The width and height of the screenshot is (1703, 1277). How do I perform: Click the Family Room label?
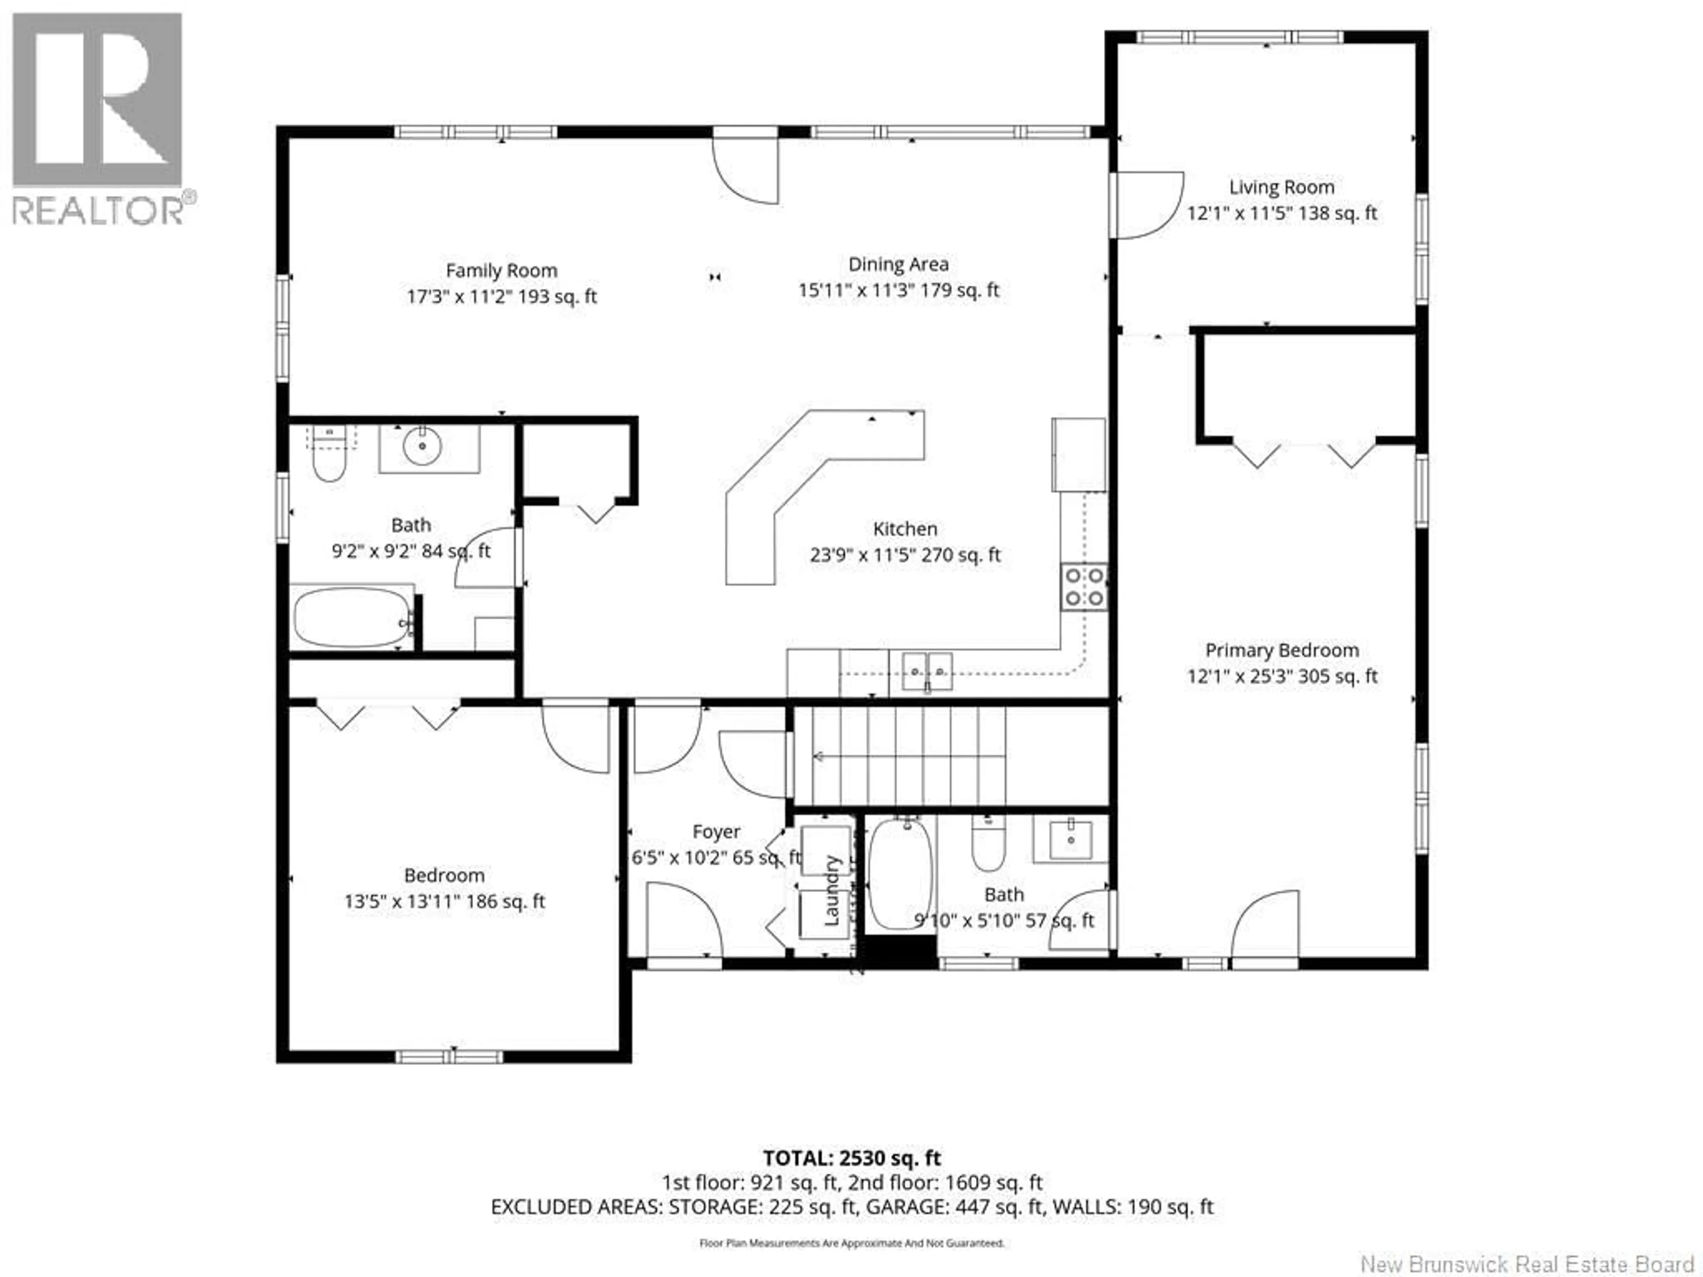tap(501, 271)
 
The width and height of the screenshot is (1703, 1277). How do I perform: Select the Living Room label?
tap(1281, 187)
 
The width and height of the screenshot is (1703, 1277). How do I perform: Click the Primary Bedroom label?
tap(1281, 650)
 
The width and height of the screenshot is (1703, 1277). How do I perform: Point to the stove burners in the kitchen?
tap(1084, 588)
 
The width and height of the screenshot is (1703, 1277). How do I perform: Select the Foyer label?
tap(716, 832)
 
